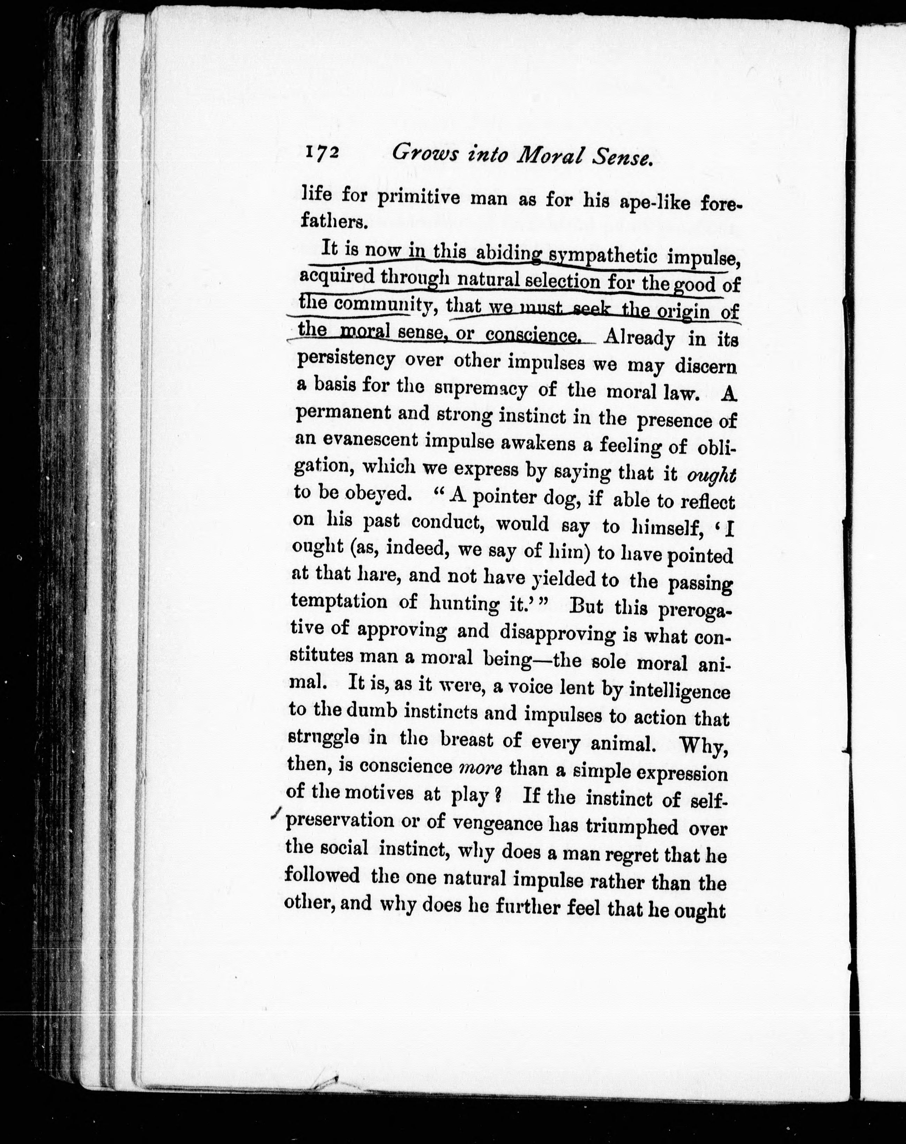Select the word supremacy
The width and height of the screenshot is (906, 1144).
pos(481,389)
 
